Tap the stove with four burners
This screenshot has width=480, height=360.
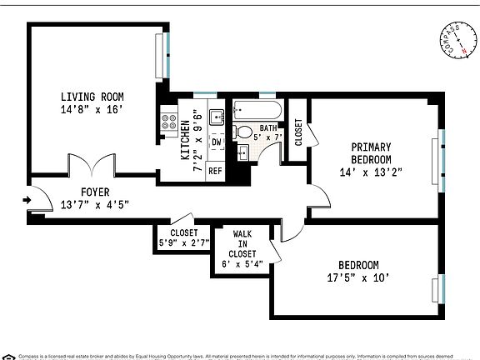pyautogui.click(x=167, y=127)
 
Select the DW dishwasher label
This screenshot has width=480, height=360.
pyautogui.click(x=216, y=142)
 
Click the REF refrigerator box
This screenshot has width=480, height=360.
pyautogui.click(x=215, y=170)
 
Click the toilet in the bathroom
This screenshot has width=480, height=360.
pyautogui.click(x=243, y=131)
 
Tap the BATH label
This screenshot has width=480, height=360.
pyautogui.click(x=267, y=127)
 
